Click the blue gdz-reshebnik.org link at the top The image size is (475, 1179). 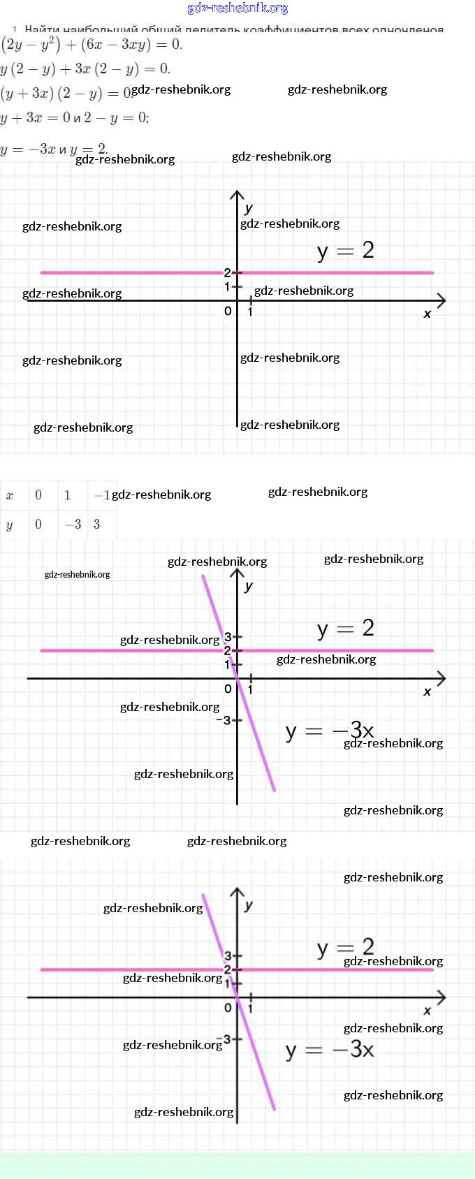point(237,8)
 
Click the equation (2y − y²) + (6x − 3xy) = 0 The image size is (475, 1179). point(92,45)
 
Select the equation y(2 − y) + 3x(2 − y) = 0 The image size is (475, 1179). point(85,68)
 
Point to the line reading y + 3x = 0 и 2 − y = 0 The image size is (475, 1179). point(74,117)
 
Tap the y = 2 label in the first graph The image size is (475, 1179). point(345,250)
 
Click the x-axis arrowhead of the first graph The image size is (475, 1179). point(441,301)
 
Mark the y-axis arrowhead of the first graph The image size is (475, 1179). point(237,196)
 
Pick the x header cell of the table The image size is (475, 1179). point(10,495)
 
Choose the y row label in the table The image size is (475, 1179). point(10,525)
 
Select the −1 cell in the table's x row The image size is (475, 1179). point(102,495)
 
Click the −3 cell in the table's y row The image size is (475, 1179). point(73,525)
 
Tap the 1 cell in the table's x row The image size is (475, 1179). point(67,495)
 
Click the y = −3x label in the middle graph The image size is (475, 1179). point(330,731)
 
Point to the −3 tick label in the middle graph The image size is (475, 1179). point(223,720)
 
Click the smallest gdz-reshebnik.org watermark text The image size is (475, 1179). point(77,575)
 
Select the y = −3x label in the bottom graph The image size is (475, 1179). point(330,1049)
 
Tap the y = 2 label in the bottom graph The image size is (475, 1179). point(345,947)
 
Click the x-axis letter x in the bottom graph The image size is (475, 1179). point(427,1011)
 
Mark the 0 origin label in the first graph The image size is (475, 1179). point(228,311)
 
